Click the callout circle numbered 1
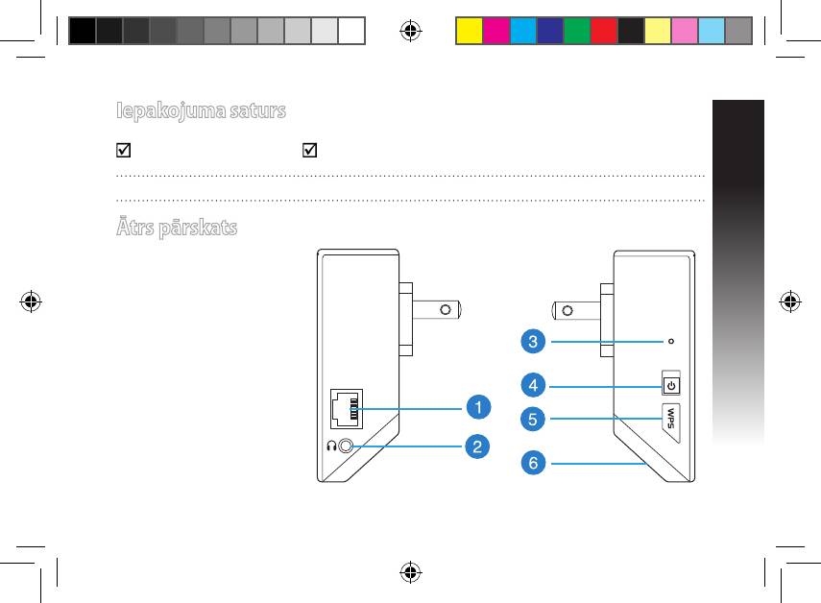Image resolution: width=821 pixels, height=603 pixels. (478, 407)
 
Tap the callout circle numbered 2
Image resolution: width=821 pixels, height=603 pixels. (477, 446)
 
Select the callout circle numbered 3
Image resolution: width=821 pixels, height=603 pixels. (533, 341)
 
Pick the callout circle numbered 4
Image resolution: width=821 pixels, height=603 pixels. (533, 385)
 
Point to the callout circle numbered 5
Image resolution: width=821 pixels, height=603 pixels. (533, 419)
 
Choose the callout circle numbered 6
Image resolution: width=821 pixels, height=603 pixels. (533, 463)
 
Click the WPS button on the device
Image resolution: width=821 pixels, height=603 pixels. (671, 422)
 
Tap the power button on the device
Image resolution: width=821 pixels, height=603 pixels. (671, 386)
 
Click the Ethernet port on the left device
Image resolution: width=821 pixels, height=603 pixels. (346, 409)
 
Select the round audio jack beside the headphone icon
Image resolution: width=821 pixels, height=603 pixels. (346, 446)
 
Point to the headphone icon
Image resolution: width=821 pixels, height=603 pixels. (331, 446)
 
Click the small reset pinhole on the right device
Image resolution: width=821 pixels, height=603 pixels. (671, 341)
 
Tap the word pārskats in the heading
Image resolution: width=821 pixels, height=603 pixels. (198, 229)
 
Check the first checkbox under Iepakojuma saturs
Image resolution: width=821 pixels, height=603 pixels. (124, 150)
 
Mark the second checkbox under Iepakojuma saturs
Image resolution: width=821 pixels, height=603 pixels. (310, 150)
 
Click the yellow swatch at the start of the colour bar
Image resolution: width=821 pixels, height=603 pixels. (470, 31)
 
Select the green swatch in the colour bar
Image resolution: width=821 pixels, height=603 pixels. (577, 31)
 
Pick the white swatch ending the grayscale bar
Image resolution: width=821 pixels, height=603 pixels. (351, 31)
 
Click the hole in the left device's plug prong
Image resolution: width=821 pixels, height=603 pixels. (446, 310)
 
